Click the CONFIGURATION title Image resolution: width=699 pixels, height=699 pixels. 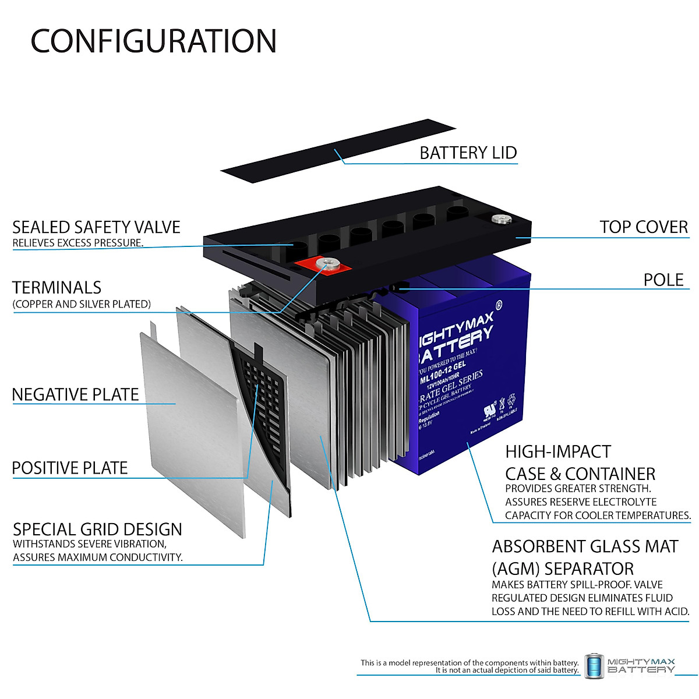[x=153, y=41]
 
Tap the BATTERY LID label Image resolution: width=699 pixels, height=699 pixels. [x=468, y=153]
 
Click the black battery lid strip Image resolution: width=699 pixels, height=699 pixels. [x=338, y=150]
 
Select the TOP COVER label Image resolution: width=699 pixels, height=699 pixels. [x=643, y=227]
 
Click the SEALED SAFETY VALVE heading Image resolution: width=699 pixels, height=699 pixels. [x=96, y=227]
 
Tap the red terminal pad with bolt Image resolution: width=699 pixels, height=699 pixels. [x=324, y=265]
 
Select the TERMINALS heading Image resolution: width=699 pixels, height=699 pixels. [x=57, y=288]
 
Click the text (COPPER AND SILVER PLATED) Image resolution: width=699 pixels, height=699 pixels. [x=82, y=304]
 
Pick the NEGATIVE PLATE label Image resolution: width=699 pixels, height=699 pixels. [x=75, y=395]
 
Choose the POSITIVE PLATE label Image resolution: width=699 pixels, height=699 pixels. [x=69, y=468]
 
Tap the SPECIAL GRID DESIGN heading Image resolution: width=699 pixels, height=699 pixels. [x=97, y=529]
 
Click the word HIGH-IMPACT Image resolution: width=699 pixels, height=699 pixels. [x=558, y=452]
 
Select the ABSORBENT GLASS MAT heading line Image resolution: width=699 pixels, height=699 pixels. [x=585, y=547]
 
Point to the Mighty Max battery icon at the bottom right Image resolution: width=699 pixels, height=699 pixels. [x=594, y=666]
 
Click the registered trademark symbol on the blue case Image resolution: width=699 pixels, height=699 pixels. [x=499, y=305]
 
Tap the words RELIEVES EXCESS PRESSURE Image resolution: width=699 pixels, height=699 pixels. [x=77, y=243]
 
